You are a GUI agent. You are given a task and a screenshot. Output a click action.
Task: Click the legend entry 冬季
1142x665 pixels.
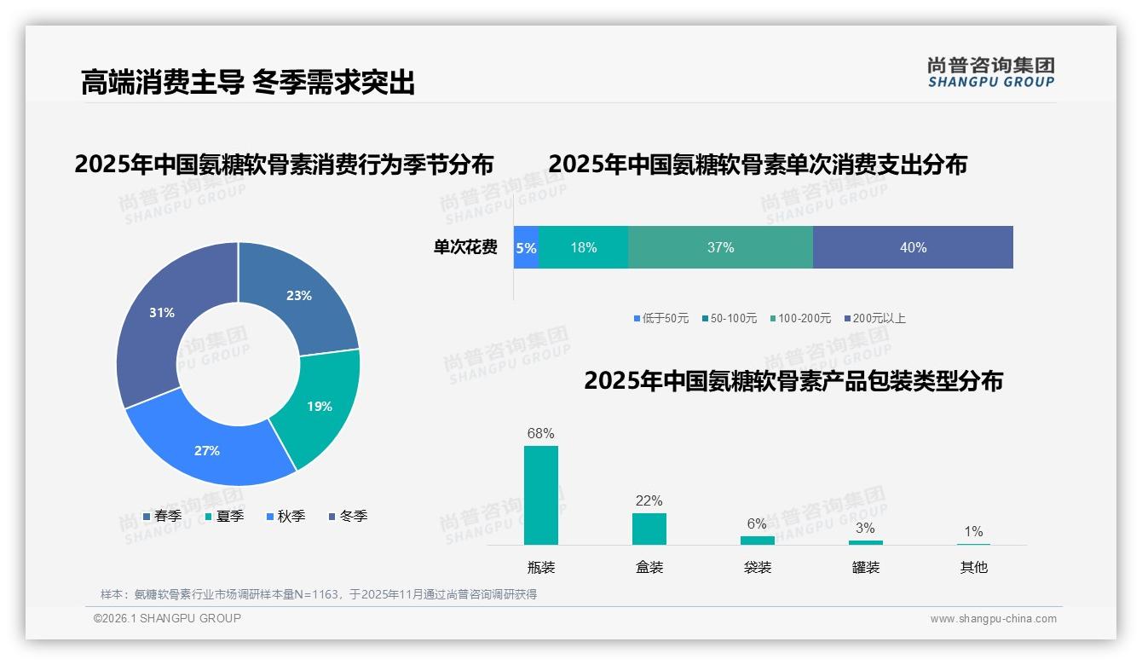click(348, 517)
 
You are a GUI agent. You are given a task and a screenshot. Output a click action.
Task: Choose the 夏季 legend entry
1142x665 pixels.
click(224, 517)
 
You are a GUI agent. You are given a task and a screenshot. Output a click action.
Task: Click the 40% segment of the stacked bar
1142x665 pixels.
click(913, 248)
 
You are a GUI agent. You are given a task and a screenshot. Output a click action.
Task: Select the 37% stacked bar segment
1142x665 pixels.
click(720, 248)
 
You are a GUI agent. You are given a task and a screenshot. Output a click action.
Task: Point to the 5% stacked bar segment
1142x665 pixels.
click(526, 248)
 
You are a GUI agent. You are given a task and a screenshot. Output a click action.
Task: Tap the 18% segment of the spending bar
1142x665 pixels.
click(584, 248)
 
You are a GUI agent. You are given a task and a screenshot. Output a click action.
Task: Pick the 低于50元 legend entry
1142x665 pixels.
click(660, 319)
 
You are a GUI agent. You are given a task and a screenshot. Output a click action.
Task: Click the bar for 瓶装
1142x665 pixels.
click(541, 495)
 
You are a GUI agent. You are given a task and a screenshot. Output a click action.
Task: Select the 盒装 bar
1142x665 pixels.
click(649, 529)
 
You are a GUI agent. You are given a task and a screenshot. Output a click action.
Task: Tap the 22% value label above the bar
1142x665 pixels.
click(649, 501)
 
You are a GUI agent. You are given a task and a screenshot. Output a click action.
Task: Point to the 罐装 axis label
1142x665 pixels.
click(866, 568)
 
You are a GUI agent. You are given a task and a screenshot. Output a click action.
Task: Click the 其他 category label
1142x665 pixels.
click(973, 568)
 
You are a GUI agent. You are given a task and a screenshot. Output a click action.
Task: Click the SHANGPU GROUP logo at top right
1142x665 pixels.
click(990, 72)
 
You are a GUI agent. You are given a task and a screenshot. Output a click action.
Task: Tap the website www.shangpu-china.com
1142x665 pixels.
click(993, 619)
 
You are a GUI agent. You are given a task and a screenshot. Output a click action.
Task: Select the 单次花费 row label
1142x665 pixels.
click(465, 248)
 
